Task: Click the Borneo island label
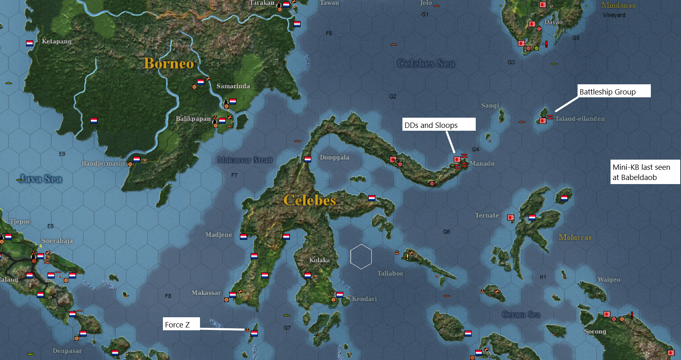point(169,64)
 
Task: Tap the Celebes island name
point(310,200)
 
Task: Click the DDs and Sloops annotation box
point(439,125)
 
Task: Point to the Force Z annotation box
point(181,324)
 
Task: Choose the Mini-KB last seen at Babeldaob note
point(645,172)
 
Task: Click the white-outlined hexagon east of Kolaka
point(361,257)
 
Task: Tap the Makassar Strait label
point(245,160)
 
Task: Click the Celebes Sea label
point(426,64)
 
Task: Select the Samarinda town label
point(233,86)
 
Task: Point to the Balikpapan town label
point(193,119)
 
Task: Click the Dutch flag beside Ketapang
point(30,43)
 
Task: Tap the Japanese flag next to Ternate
point(511,217)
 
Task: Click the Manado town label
point(482,163)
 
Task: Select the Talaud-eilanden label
point(580,119)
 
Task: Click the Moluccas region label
point(575,237)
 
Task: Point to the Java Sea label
point(41,178)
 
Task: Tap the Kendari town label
point(364,299)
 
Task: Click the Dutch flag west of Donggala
point(308,159)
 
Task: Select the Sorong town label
point(595,331)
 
